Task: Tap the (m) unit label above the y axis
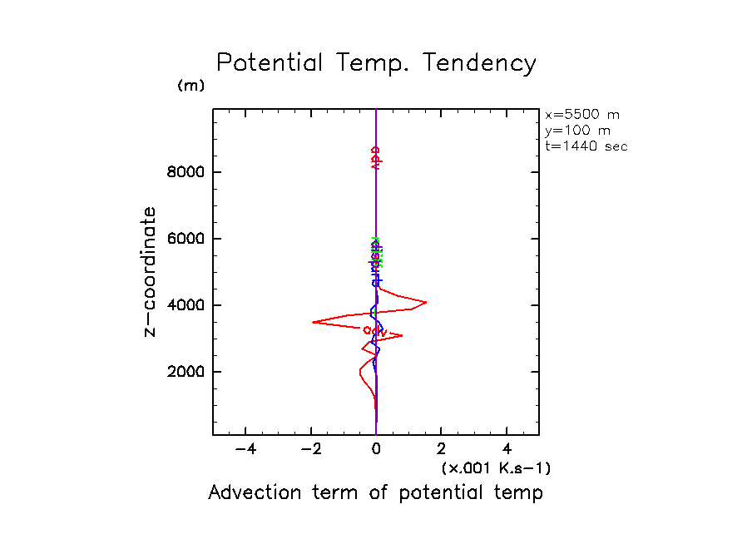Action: tap(190, 86)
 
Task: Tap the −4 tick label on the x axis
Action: tap(245, 450)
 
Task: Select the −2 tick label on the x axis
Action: tap(309, 450)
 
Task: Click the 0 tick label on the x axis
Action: tap(377, 450)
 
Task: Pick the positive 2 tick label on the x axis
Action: tap(442, 450)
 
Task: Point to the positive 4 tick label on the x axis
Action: tap(507, 450)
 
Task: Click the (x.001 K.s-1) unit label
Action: tap(496, 468)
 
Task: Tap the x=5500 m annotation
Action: tap(581, 115)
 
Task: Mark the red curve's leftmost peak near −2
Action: tap(313, 322)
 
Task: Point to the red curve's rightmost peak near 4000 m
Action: tap(426, 302)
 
